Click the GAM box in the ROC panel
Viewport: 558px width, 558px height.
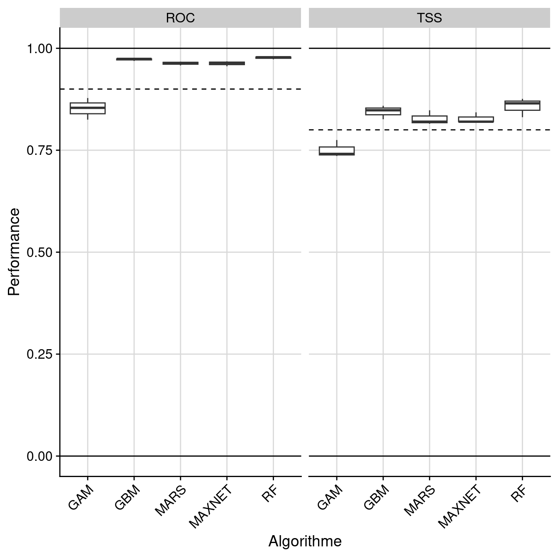point(88,108)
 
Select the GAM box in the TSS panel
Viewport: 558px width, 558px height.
point(337,151)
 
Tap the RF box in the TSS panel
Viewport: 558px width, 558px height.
point(522,105)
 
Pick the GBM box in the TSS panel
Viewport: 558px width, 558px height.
point(383,111)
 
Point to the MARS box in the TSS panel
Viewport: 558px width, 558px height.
point(430,119)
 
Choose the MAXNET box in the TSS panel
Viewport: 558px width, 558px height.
point(476,120)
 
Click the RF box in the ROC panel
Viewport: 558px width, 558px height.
point(273,57)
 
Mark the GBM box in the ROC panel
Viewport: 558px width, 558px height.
point(134,59)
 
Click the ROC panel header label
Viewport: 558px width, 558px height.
point(180,18)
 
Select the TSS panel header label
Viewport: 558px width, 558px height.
point(429,18)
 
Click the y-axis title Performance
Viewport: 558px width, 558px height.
point(14,252)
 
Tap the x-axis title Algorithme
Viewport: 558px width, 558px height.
point(305,541)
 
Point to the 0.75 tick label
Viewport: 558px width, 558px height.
point(40,150)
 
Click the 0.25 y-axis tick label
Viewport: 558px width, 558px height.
point(40,354)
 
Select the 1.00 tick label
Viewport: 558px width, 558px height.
point(40,49)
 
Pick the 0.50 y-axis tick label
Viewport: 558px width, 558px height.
point(40,252)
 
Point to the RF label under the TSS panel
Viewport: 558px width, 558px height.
point(519,494)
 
